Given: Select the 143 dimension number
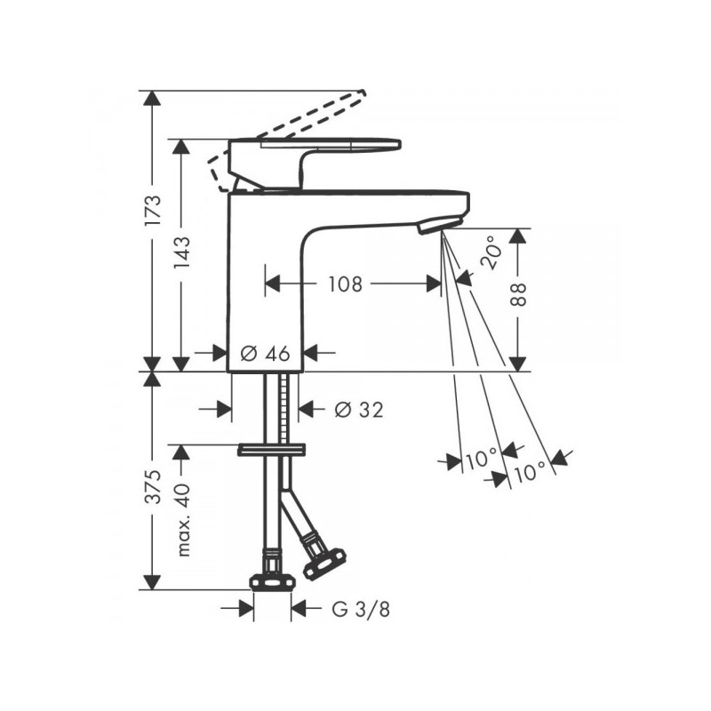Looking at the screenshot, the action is click(x=183, y=253).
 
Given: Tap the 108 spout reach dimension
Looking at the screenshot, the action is click(x=346, y=284).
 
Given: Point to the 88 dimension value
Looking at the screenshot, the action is click(x=518, y=294).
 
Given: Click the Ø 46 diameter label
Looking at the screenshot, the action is click(x=265, y=353).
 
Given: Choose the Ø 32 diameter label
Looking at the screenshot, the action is click(x=359, y=410).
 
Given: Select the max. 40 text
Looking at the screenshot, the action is click(x=184, y=520).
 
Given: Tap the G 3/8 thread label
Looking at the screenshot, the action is click(x=361, y=609).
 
